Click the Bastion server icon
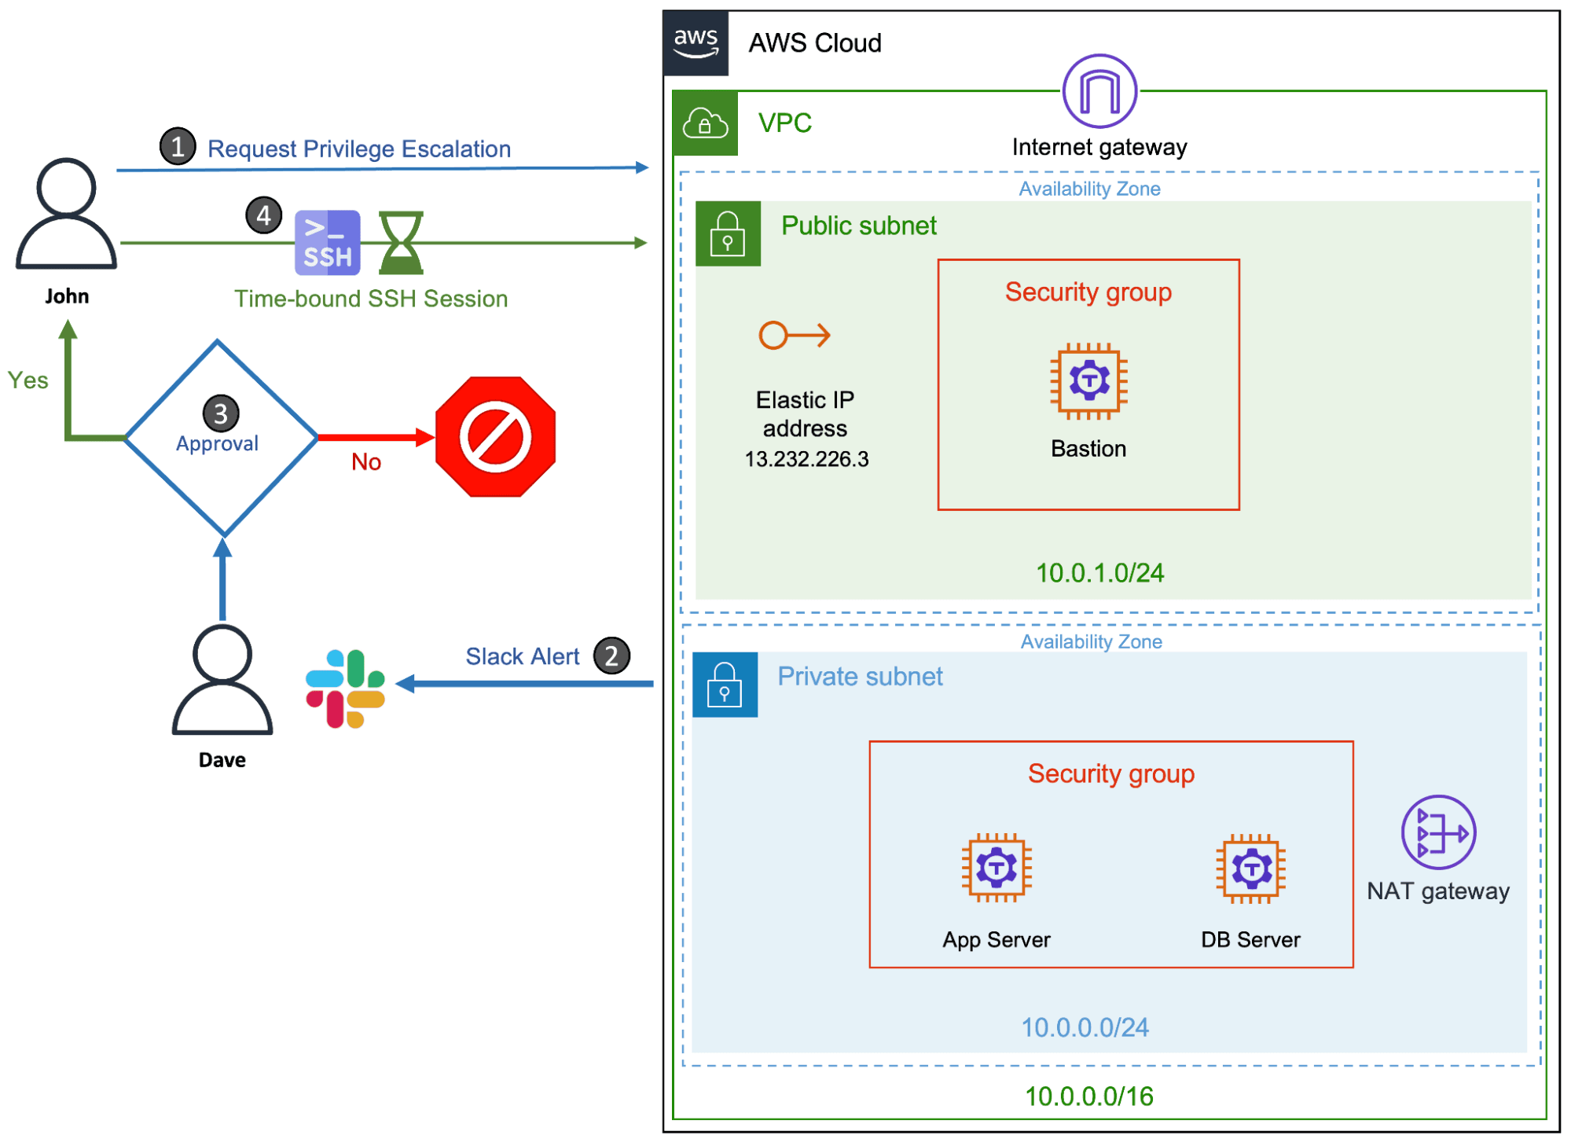pyautogui.click(x=1088, y=381)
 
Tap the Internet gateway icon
pyautogui.click(x=1099, y=91)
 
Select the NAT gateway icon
pyautogui.click(x=1438, y=832)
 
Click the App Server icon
pyautogui.click(x=997, y=868)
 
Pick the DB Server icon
pyautogui.click(x=1250, y=869)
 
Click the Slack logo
pyautogui.click(x=346, y=689)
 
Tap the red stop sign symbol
pyautogui.click(x=495, y=437)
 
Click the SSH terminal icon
pyautogui.click(x=328, y=243)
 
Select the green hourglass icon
pyautogui.click(x=401, y=243)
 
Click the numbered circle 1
pyautogui.click(x=178, y=146)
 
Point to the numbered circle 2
pyautogui.click(x=611, y=656)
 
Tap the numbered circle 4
pyautogui.click(x=264, y=215)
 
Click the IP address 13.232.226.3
pyautogui.click(x=806, y=459)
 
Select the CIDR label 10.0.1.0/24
pyautogui.click(x=1099, y=573)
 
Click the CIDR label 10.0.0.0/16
pyautogui.click(x=1088, y=1096)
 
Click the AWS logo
pyautogui.click(x=696, y=43)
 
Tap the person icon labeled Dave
pyautogui.click(x=222, y=680)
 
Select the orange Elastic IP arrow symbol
pyautogui.click(x=794, y=336)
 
